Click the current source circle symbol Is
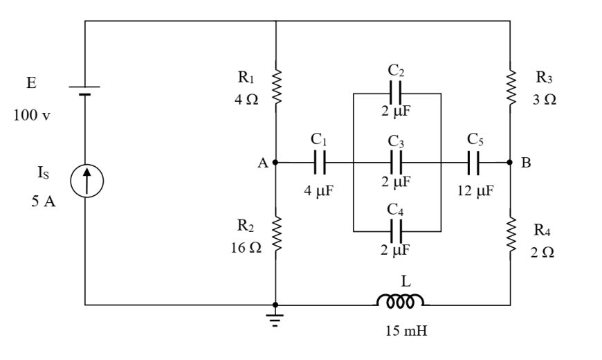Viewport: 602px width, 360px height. pos(86,181)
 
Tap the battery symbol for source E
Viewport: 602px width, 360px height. pos(84,91)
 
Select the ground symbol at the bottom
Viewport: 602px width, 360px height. pos(275,320)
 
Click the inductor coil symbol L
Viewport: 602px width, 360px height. pos(401,301)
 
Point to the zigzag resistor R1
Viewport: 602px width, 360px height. pos(276,87)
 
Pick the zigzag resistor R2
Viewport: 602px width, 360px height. pos(276,233)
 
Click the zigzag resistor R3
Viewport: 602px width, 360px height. pos(511,87)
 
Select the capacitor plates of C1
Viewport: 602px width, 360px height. pos(320,162)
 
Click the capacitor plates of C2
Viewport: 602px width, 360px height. pos(396,93)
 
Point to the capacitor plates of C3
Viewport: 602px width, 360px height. pos(396,162)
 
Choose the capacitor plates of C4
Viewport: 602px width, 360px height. pos(396,231)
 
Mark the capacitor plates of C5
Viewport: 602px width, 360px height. pos(473,162)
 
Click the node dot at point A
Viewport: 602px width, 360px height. pos(275,162)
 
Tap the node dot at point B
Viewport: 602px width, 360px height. pos(510,162)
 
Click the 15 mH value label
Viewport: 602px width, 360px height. pos(406,330)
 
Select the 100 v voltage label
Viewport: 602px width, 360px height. pos(32,115)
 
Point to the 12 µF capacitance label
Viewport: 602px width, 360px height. pos(475,190)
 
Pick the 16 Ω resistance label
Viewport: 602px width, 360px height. pos(246,247)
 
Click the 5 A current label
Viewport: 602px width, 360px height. pos(44,201)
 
